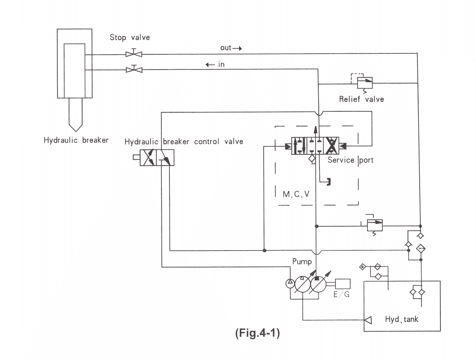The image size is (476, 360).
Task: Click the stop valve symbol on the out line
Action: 134,54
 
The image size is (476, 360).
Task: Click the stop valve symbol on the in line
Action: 134,70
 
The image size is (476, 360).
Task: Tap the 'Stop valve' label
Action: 130,37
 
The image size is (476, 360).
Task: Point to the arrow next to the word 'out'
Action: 237,48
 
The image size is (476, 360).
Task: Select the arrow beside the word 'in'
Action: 210,65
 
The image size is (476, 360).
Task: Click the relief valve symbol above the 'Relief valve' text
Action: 364,83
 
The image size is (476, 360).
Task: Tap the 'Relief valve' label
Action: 361,99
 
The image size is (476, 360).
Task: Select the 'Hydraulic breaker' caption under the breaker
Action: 76,140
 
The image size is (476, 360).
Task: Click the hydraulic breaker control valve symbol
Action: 157,157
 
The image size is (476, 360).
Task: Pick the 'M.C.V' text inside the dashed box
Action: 296,194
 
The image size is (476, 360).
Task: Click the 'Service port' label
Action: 350,160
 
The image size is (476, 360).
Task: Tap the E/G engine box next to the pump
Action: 342,284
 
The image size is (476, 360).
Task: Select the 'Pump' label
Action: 302,262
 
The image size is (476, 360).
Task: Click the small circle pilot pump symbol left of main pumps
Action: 290,284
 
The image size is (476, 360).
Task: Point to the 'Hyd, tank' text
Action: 402,319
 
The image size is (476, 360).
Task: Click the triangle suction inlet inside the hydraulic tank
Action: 368,320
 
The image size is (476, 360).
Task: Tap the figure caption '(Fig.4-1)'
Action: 257,333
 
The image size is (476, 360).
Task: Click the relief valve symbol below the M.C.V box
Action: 375,225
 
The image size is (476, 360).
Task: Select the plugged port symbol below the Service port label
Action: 328,182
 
